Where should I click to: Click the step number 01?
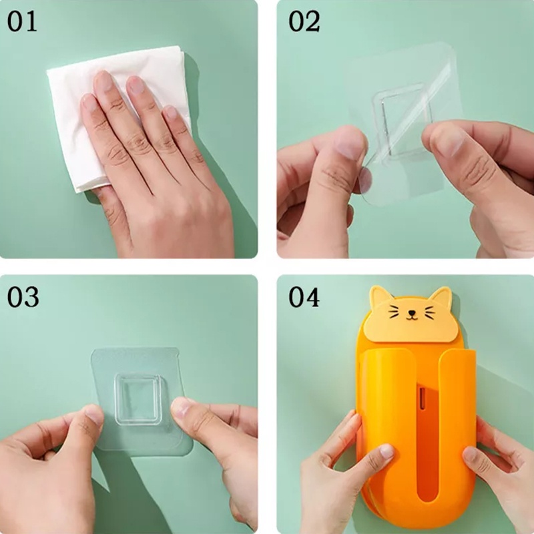click(x=22, y=21)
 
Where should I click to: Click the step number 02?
click(x=304, y=21)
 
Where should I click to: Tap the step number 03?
click(x=23, y=297)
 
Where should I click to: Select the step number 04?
click(x=304, y=297)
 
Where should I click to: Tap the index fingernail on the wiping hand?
click(x=103, y=81)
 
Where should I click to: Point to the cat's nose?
click(x=412, y=312)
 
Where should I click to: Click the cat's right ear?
click(x=441, y=296)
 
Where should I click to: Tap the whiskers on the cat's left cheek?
click(x=394, y=312)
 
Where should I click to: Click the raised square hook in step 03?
click(x=138, y=399)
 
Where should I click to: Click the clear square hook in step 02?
click(x=402, y=121)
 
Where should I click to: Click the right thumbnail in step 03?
click(x=181, y=407)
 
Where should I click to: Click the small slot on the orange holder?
click(x=423, y=398)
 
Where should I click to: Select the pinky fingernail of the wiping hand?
click(x=171, y=112)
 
